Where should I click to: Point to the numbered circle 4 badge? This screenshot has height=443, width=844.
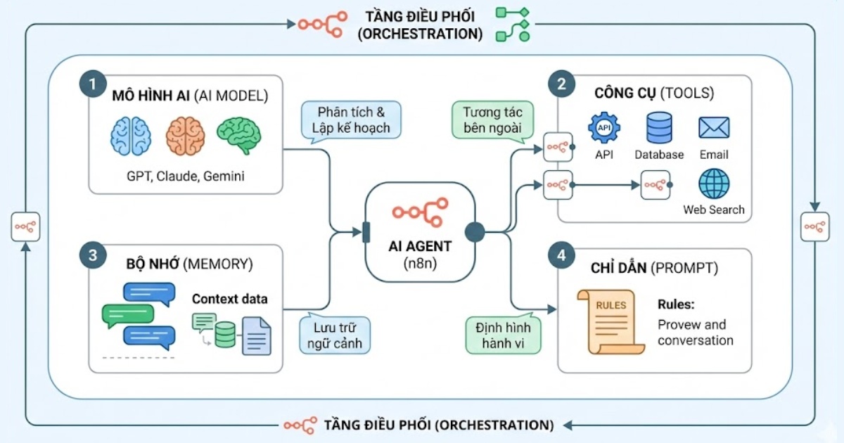[561, 256]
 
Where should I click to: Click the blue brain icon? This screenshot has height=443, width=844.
[130, 136]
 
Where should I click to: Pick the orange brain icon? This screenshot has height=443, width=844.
[185, 136]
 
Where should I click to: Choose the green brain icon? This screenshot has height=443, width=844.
[238, 136]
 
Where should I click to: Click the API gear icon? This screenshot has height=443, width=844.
[603, 128]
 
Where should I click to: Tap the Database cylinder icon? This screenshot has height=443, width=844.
[659, 128]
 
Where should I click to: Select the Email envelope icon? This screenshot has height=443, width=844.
[714, 128]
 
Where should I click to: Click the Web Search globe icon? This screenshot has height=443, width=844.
[714, 184]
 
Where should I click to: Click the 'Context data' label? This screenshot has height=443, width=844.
[230, 299]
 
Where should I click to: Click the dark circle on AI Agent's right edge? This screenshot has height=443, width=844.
[475, 232]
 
